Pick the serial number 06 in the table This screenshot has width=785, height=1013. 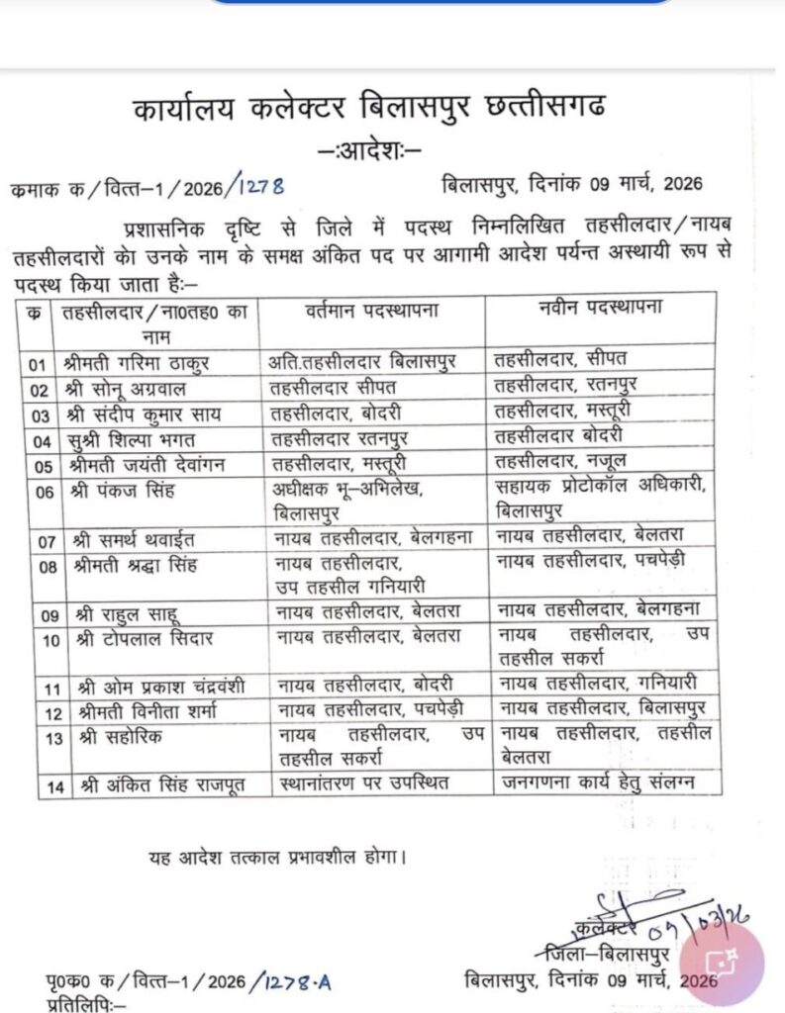[42, 492]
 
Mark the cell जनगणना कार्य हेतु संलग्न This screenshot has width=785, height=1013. [596, 784]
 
